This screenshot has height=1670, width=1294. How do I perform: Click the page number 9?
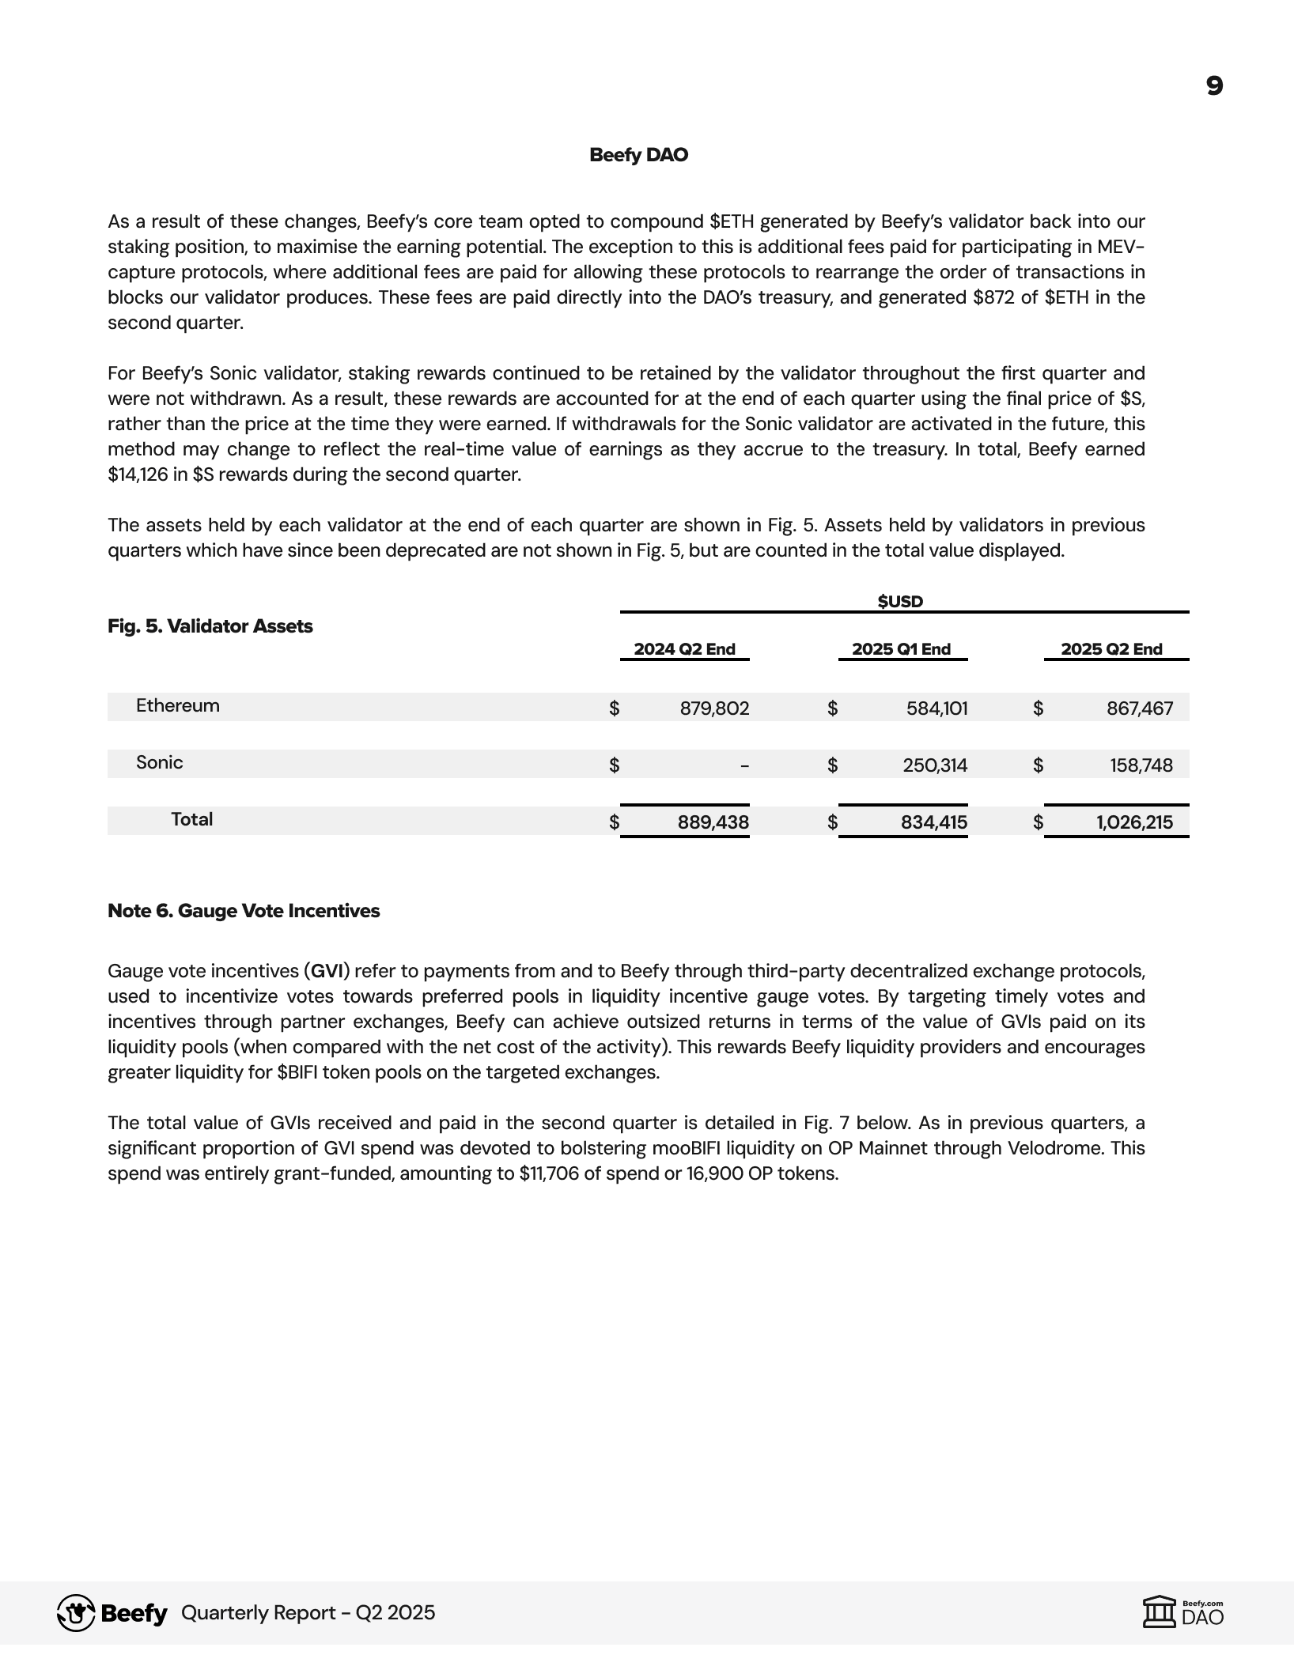(x=1214, y=86)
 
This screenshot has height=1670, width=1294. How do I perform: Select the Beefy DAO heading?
(x=638, y=155)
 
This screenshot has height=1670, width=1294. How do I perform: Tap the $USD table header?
(x=900, y=602)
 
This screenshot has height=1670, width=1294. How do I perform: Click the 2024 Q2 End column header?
(x=684, y=649)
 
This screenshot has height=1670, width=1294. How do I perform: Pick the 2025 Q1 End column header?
(x=901, y=649)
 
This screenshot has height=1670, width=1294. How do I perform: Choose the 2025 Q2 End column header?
(x=1111, y=649)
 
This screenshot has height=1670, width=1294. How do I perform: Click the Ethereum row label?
(x=177, y=705)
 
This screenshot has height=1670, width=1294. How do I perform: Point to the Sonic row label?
(x=159, y=762)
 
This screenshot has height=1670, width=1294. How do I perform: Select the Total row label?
(x=191, y=819)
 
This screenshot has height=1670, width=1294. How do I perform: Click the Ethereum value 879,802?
(x=714, y=708)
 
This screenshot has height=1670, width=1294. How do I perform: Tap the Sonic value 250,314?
(x=935, y=765)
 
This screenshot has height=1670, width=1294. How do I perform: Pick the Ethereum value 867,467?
(x=1140, y=708)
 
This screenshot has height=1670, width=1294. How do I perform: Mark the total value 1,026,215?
(x=1134, y=822)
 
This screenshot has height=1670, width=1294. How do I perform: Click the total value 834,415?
(x=933, y=822)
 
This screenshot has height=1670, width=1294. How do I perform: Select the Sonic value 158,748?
(x=1141, y=765)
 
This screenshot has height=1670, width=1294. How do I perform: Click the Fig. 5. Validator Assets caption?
(x=210, y=626)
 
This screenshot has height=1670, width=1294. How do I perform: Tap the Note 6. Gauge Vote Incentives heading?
(x=244, y=911)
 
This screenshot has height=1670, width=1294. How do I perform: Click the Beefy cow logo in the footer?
(x=76, y=1612)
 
